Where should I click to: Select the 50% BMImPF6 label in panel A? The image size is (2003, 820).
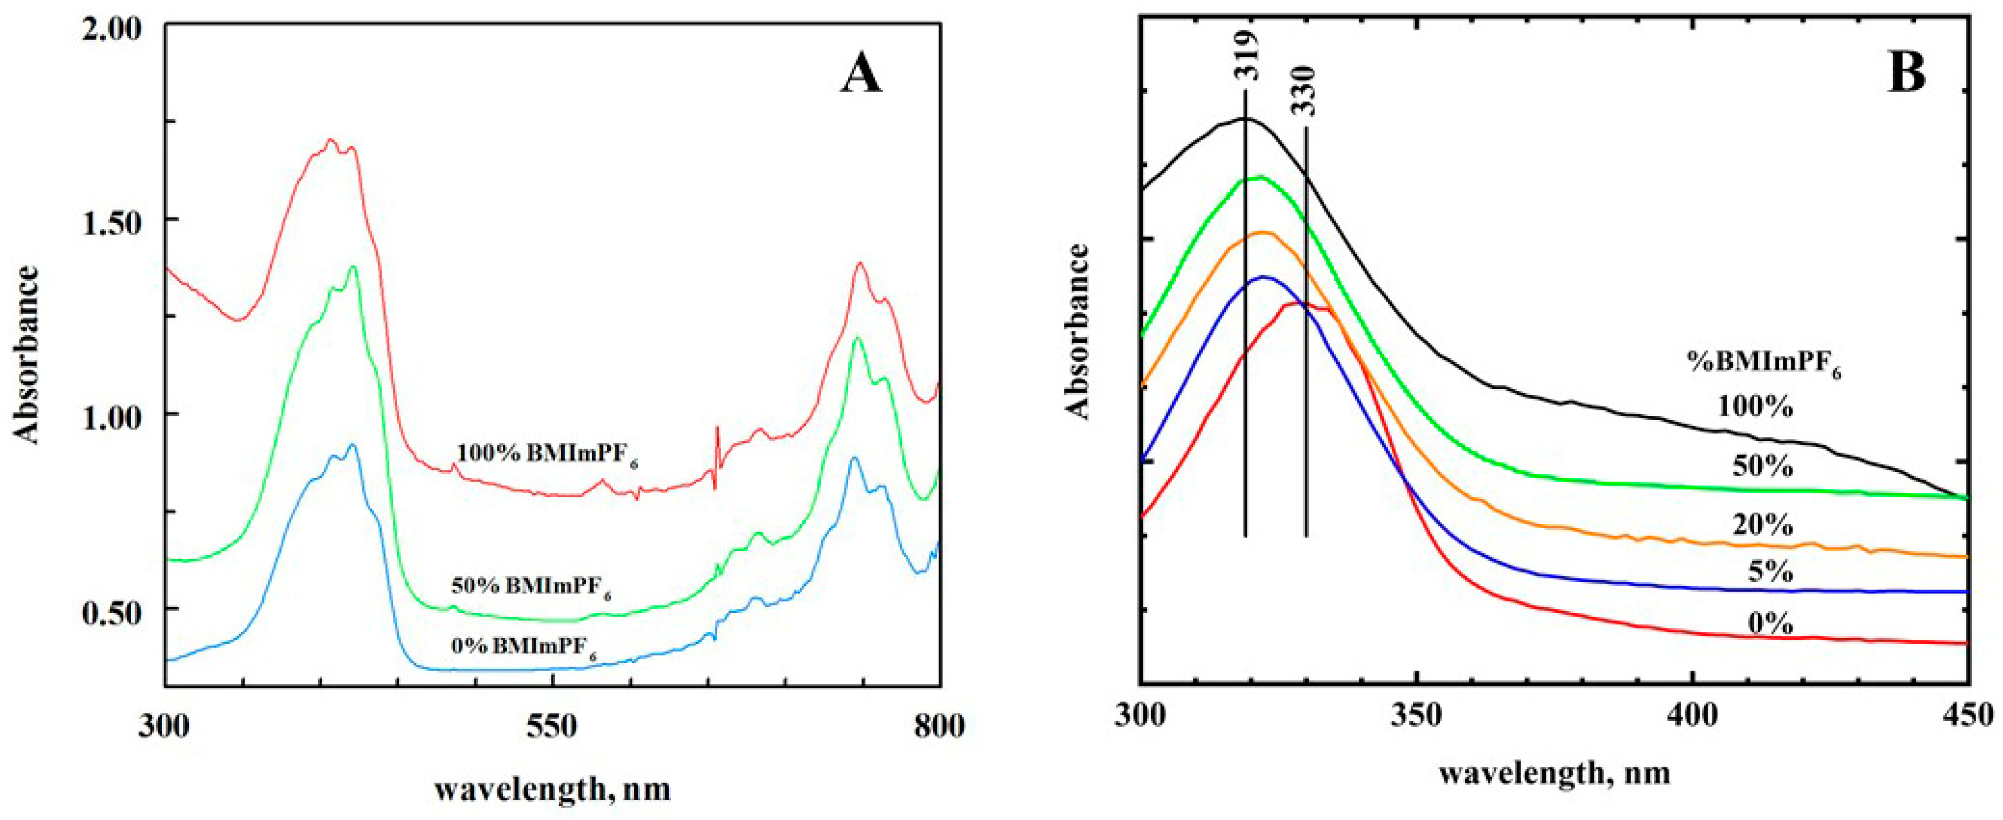pyautogui.click(x=531, y=587)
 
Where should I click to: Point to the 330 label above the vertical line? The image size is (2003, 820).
pyautogui.click(x=1305, y=92)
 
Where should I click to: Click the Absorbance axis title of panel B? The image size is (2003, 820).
pyautogui.click(x=1079, y=332)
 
